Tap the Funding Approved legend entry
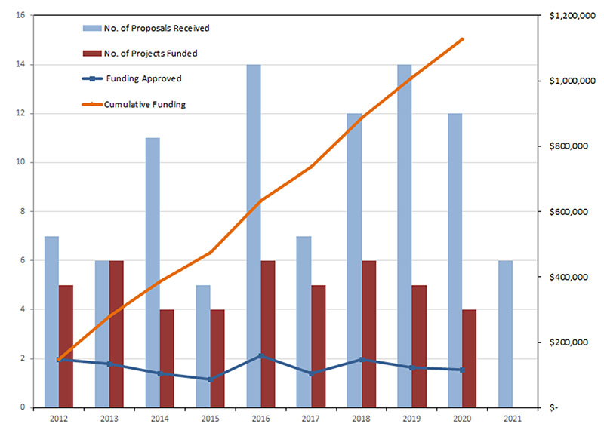[133, 78]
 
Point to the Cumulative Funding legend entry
[133, 104]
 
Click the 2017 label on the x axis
[310, 417]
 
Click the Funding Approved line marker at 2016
[260, 355]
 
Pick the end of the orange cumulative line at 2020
[462, 39]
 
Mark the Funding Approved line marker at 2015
[210, 379]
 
